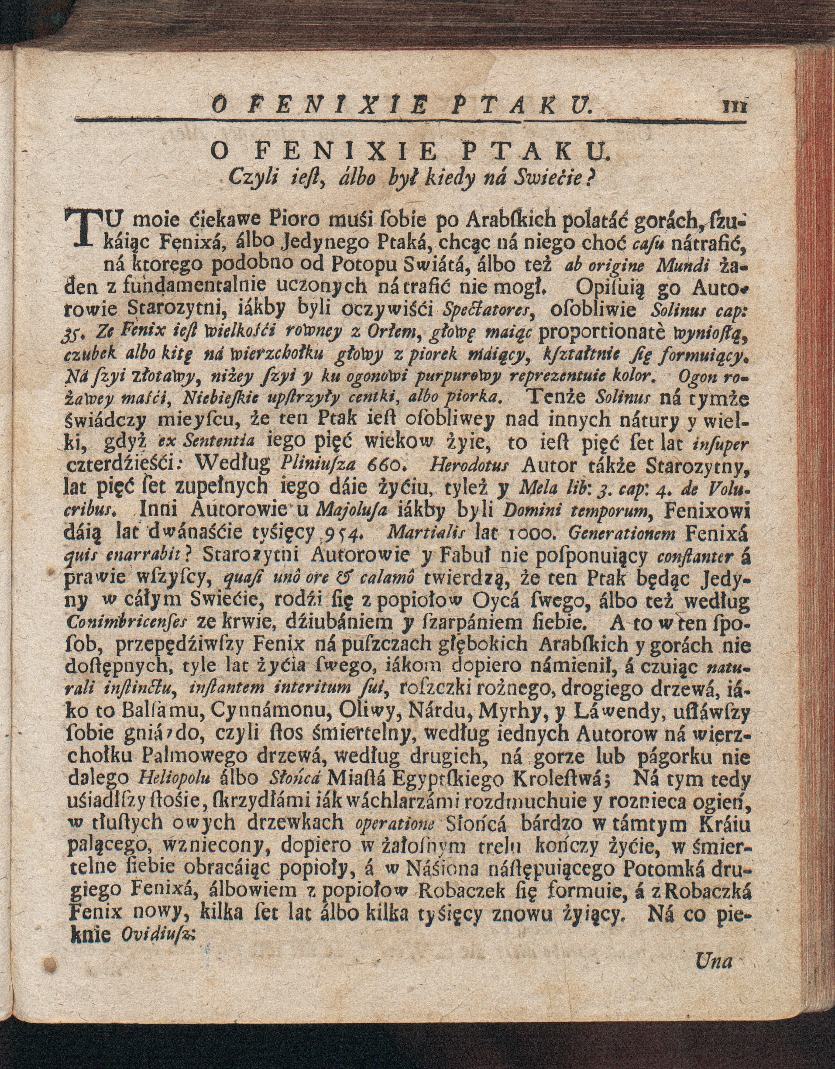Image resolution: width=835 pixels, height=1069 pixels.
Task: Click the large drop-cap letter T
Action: tap(84, 229)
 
